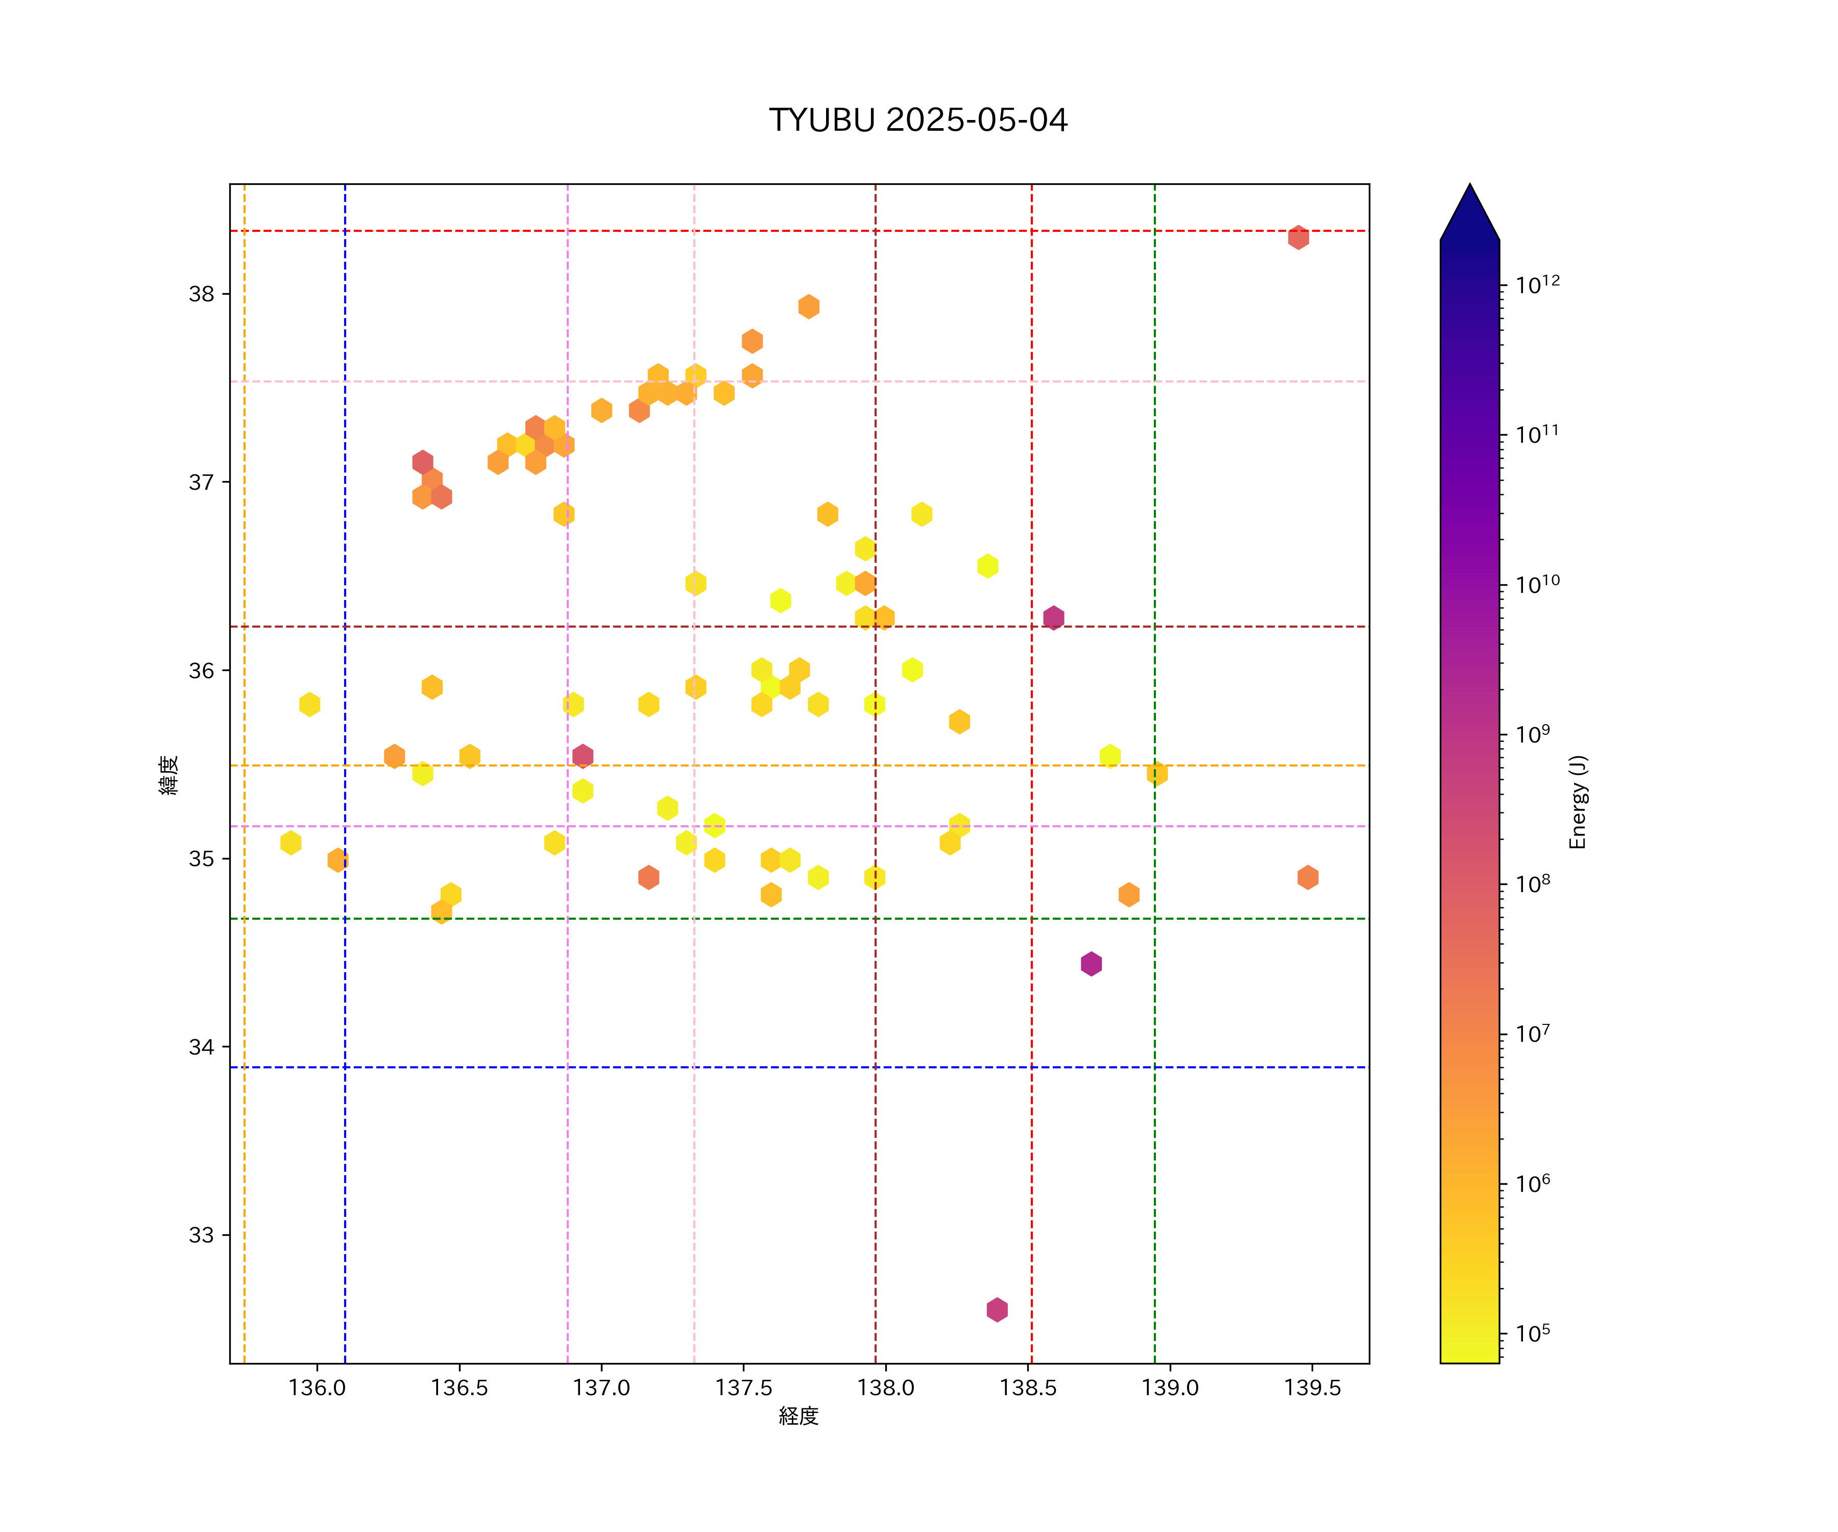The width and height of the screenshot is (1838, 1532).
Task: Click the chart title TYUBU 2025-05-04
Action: tap(918, 120)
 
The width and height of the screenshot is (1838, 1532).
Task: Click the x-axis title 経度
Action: tap(798, 1417)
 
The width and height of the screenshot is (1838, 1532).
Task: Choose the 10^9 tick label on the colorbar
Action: tap(1533, 734)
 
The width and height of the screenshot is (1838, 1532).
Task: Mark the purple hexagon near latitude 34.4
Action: tap(1091, 964)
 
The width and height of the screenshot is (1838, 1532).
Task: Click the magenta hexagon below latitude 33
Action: tap(997, 1310)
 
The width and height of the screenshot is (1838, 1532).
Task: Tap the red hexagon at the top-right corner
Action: tap(1298, 237)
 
